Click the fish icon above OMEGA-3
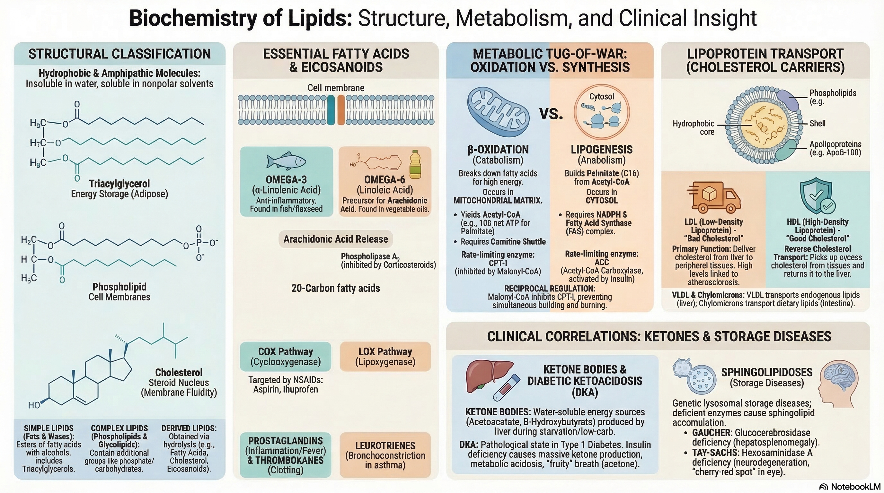(x=286, y=161)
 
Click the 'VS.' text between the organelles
(x=551, y=114)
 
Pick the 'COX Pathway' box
(x=286, y=357)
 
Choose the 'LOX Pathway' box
(x=385, y=357)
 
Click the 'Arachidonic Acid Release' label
(x=336, y=239)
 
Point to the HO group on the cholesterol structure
(x=34, y=405)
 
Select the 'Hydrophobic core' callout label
(x=693, y=127)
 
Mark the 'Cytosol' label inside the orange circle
(x=602, y=96)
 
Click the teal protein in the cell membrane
(x=331, y=110)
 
